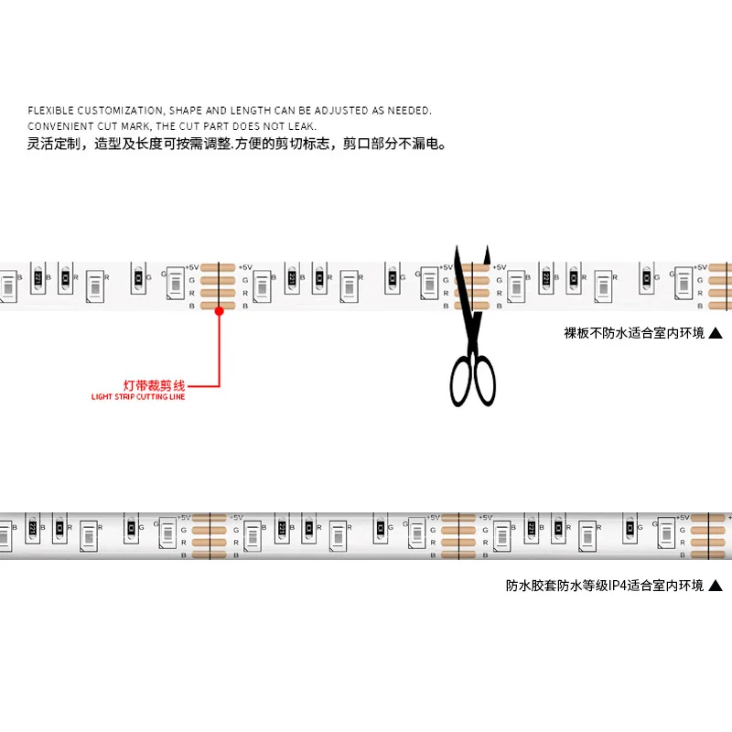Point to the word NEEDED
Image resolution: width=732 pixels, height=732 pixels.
pos(409,111)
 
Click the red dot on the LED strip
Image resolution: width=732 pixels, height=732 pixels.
pos(220,311)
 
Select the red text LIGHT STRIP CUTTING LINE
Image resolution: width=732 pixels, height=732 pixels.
pos(138,397)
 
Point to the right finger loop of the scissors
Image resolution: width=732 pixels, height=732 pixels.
pos(484,380)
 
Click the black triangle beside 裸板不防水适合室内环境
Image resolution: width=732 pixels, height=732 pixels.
pos(716,334)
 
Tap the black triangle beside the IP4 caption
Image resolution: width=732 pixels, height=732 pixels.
pos(716,586)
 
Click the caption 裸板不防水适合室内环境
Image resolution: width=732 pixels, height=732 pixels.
pos(634,334)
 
